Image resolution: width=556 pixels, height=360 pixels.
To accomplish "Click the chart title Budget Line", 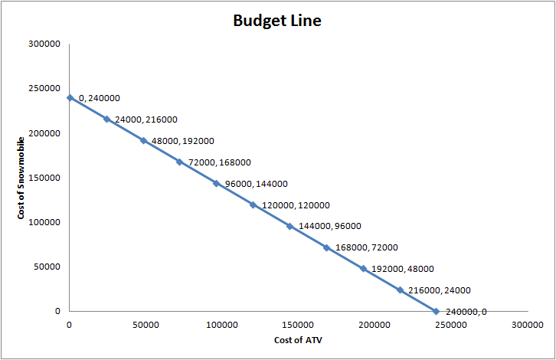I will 277,21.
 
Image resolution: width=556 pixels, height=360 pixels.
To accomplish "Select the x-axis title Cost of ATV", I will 298,339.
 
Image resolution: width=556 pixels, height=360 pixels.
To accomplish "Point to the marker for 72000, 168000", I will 179,162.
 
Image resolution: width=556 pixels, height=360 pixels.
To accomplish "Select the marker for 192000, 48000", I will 363,269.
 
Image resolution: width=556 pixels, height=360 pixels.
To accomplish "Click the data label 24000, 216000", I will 146,119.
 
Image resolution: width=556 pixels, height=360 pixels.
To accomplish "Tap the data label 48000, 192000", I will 183,141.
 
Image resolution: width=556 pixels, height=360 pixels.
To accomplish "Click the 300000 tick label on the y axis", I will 44,44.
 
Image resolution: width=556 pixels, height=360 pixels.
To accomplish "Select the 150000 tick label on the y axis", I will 44,178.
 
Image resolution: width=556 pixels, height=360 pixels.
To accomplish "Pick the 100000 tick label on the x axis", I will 222,325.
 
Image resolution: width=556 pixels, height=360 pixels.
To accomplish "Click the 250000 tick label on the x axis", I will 451,325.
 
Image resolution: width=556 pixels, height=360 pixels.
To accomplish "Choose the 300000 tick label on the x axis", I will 528,325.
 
